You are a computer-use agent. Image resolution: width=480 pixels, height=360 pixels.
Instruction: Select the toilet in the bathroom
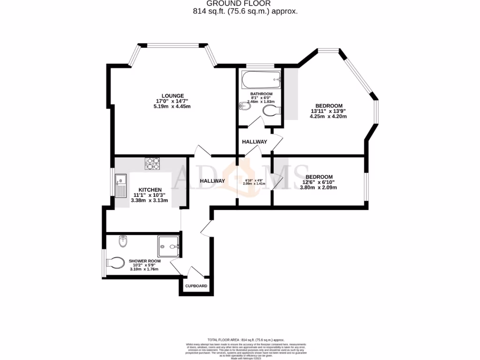(x=271, y=111)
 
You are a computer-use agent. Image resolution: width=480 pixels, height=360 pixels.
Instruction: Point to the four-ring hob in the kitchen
(x=152, y=164)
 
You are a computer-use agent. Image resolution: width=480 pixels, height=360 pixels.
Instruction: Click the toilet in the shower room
(x=115, y=261)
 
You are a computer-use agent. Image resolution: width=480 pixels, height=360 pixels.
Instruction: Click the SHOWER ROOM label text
(x=145, y=261)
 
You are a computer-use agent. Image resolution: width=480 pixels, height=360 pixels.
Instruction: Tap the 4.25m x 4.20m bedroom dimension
(x=328, y=117)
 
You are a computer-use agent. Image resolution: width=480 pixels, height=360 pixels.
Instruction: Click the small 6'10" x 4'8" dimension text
(x=255, y=180)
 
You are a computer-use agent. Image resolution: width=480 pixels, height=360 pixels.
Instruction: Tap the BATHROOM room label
(x=261, y=94)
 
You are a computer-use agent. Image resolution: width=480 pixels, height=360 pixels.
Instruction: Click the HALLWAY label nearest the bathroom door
(x=255, y=142)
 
